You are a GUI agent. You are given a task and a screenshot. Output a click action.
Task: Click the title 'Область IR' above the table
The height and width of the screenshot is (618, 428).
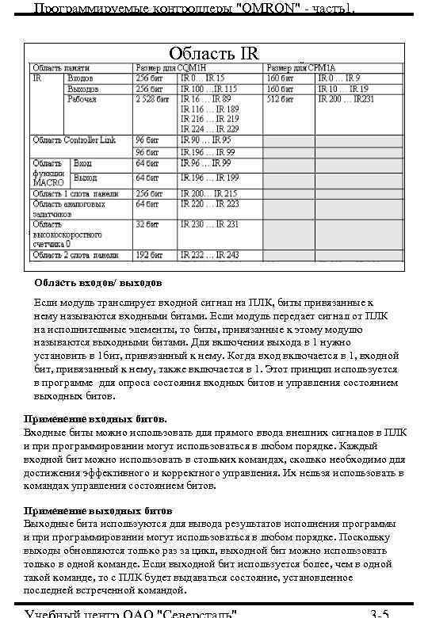pos(213,54)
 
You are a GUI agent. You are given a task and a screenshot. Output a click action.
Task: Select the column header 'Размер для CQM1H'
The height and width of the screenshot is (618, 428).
pos(169,69)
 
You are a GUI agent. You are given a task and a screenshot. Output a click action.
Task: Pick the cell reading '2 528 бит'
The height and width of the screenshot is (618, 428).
pos(151,99)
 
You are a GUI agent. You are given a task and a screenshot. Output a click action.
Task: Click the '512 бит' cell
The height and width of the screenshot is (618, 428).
pos(278,99)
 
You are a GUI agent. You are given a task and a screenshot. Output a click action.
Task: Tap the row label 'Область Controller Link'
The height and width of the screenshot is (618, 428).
pos(74,139)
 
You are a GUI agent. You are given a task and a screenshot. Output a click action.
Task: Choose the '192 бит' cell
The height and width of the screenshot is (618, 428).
pos(150,254)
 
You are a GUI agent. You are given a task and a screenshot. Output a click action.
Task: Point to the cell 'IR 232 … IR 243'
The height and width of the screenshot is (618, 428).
pos(209,254)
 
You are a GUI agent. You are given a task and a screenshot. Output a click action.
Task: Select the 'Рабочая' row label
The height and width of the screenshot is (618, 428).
pos(82,99)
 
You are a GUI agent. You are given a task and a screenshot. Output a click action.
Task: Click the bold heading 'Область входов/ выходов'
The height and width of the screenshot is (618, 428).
pos(97,283)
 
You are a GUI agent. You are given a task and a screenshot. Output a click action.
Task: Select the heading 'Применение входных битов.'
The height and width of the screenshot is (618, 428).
pos(96,418)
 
